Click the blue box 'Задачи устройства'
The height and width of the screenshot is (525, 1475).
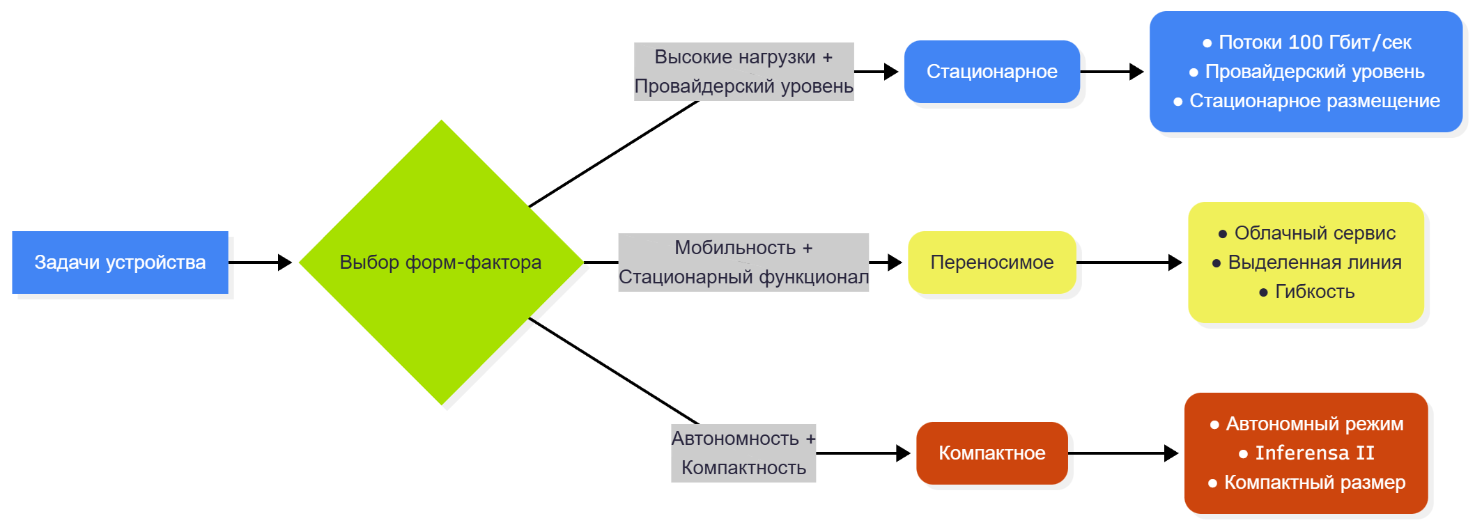120,262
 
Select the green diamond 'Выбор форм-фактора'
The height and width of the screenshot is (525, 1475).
440,262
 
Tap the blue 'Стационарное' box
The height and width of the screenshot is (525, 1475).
991,72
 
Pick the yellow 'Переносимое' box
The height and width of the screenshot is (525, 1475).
991,262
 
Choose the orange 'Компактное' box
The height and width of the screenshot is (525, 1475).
991,453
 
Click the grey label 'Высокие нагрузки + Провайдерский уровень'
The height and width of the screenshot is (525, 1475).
743,72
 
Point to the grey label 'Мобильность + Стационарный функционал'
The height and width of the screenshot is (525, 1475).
743,262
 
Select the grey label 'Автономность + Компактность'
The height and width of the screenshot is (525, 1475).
743,453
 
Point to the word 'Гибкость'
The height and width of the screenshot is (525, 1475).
1314,292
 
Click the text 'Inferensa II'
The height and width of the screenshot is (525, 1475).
1314,453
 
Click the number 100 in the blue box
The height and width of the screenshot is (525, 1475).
1305,42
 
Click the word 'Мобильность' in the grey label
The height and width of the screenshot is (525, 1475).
735,248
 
